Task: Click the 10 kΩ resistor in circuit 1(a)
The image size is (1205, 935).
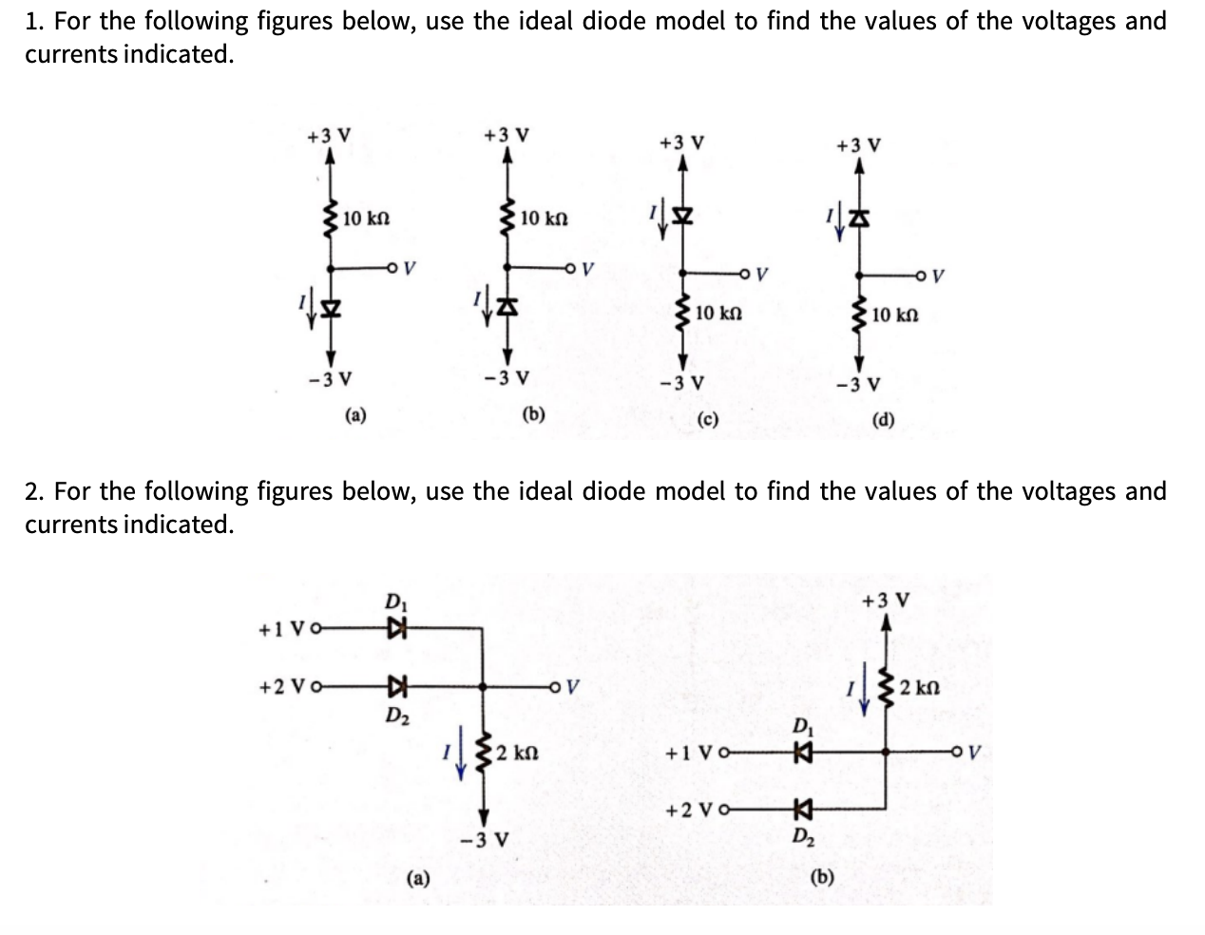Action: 331,219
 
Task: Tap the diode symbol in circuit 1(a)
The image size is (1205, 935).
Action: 331,311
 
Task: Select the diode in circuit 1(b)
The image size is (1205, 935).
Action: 507,307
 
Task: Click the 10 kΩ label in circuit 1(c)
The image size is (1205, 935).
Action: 718,314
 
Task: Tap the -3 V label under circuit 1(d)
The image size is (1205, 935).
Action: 858,385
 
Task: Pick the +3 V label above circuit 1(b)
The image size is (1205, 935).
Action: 507,135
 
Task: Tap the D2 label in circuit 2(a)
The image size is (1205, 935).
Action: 394,714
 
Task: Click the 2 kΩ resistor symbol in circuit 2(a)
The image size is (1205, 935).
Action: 483,753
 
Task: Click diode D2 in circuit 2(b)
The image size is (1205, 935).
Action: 802,810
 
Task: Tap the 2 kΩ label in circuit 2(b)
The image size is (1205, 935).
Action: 920,687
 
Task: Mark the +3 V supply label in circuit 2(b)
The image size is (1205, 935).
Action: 886,601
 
